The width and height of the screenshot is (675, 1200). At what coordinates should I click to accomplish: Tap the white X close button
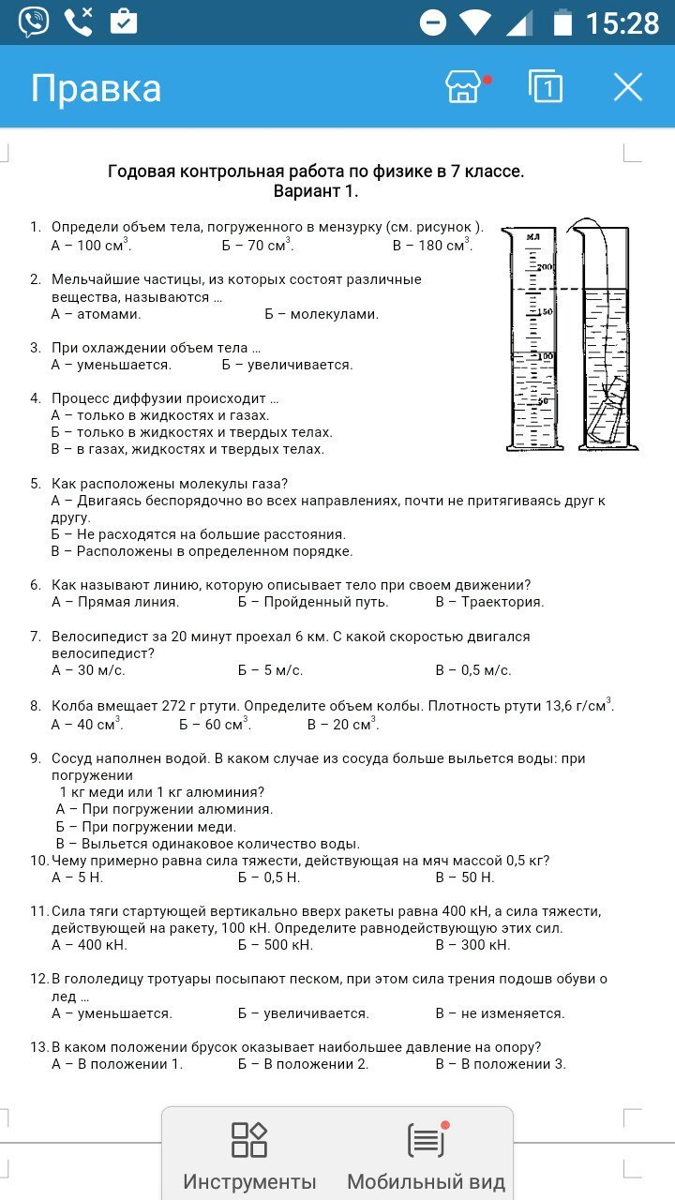627,87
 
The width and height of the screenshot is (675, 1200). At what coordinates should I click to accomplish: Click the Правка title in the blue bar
96,88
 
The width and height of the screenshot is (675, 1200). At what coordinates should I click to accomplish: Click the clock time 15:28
622,22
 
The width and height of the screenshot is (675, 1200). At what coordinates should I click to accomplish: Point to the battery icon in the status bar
562,22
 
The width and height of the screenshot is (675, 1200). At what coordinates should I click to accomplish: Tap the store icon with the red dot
464,87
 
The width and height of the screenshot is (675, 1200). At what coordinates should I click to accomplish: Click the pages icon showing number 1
546,86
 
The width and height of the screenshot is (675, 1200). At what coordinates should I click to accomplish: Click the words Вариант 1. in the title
316,191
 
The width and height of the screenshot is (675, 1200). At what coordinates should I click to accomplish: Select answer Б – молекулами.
322,314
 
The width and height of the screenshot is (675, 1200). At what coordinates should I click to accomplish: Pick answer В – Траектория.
489,602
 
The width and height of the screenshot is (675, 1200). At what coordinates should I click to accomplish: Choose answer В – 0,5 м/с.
473,670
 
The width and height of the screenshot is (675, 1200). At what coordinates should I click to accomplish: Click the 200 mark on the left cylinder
546,267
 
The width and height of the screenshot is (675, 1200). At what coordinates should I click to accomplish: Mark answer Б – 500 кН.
276,945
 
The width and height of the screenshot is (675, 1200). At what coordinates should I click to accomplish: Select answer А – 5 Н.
77,877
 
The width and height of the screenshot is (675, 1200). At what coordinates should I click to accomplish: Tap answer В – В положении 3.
501,1064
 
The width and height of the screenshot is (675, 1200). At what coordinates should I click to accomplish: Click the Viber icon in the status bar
34,21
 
